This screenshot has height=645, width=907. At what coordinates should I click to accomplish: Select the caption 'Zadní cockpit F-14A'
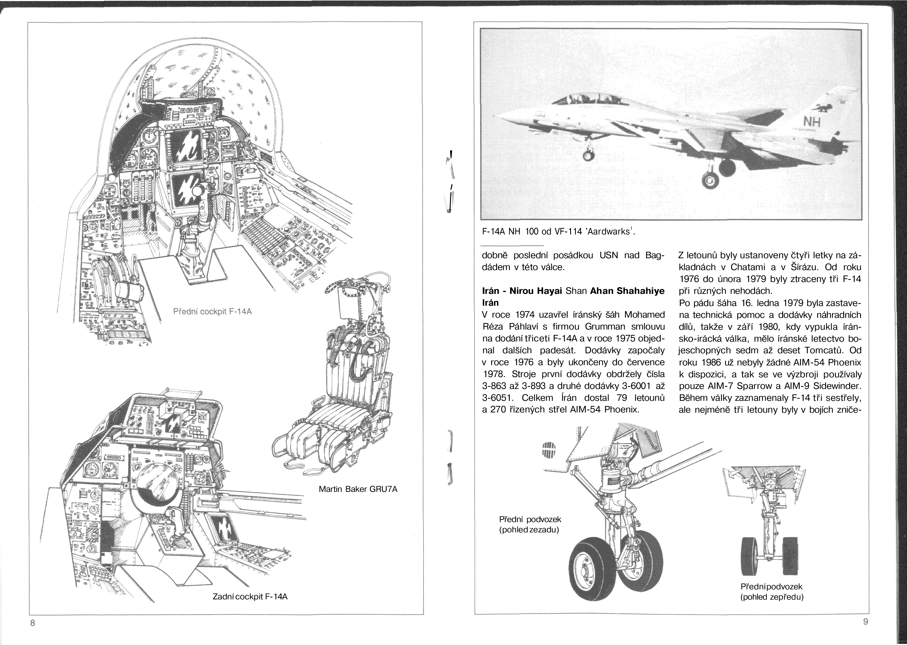250,608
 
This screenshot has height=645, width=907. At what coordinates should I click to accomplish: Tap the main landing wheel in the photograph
710,181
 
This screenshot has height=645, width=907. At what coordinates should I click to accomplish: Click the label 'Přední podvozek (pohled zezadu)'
529,524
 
